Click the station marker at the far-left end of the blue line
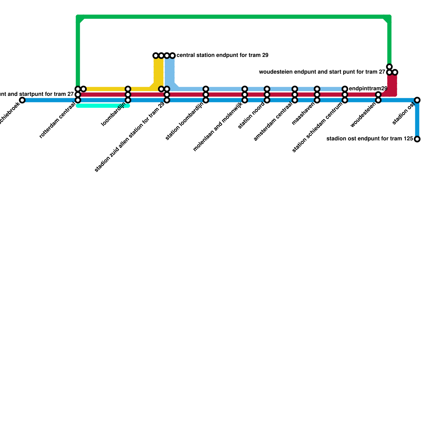(22, 100)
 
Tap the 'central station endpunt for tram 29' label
(222, 55)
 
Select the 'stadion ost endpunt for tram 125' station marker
(417, 139)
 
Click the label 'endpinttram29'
(368, 89)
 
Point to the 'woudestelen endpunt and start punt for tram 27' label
(322, 72)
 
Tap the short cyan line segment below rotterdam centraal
(103, 106)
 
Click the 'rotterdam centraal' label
(57, 120)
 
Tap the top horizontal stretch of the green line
(234, 17)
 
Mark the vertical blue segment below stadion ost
(417, 120)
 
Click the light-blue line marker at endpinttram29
(345, 89)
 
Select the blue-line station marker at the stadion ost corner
(417, 100)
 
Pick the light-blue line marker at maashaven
(317, 89)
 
